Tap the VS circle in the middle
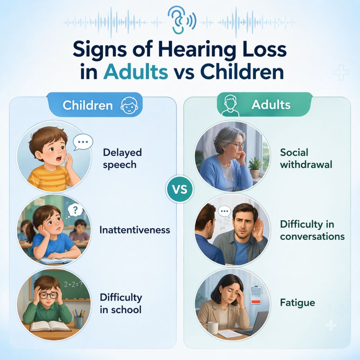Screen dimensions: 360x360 point(180,190)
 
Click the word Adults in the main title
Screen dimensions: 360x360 point(135,72)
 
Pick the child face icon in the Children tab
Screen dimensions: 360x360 point(129,105)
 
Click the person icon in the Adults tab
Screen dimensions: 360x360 point(230,105)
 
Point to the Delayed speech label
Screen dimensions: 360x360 point(122,158)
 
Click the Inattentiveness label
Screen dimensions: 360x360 point(135,230)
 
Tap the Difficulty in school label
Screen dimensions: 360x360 point(121,303)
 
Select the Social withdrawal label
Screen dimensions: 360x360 point(306,158)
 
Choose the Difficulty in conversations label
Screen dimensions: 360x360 point(312,230)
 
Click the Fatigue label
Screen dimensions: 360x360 point(298,303)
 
